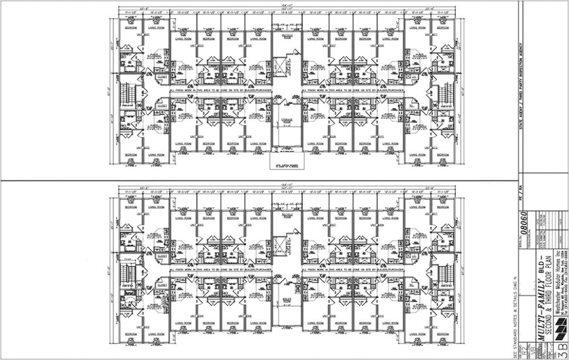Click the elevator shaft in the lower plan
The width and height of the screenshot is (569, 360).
(x=287, y=244)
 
